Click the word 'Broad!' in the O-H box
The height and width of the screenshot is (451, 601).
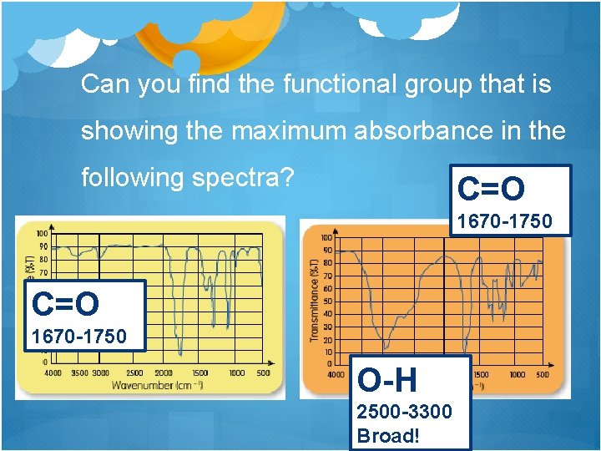click(386, 436)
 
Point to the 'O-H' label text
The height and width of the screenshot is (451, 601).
click(387, 381)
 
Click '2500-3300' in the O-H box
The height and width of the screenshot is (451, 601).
click(404, 412)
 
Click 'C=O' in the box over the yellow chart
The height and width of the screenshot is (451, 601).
click(65, 304)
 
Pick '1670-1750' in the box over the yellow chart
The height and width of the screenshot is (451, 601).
click(78, 337)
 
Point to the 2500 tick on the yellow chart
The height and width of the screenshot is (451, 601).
click(135, 373)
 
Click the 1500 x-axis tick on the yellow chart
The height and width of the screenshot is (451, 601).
click(200, 373)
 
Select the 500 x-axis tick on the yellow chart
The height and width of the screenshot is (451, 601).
click(263, 373)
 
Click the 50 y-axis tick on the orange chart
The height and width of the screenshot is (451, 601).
click(327, 302)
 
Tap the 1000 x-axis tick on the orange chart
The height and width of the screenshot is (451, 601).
click(518, 375)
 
